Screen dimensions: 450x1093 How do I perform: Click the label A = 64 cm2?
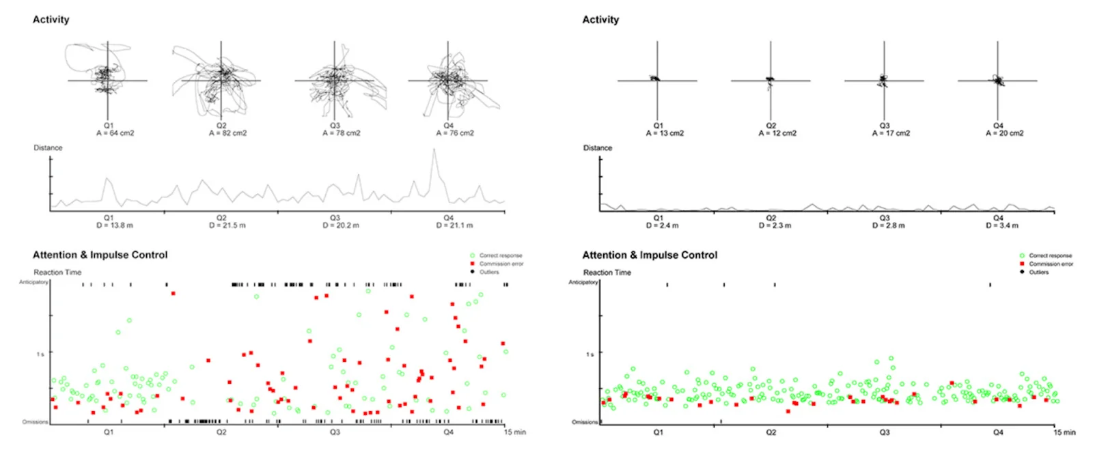tap(115, 133)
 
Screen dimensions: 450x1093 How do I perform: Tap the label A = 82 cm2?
tap(227, 133)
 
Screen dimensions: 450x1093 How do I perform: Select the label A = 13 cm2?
tap(665, 133)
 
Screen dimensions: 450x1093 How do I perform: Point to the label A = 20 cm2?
tap(1004, 133)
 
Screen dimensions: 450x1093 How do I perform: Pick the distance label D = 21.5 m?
tap(227, 225)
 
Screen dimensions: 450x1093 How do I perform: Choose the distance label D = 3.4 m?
tap(1001, 225)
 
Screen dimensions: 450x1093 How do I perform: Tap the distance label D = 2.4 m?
tap(662, 225)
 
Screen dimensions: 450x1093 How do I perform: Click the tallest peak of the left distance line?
tap(434, 150)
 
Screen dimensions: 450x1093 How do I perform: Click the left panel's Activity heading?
tap(51, 20)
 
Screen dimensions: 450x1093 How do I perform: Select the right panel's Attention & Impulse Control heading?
tap(650, 255)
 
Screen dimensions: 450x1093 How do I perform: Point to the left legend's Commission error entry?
tap(501, 264)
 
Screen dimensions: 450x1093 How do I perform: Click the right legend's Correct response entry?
tap(1050, 255)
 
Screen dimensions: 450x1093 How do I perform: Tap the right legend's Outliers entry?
tap(1038, 272)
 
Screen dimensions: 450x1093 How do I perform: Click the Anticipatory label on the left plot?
tap(33, 282)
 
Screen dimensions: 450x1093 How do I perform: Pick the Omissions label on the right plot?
tap(585, 422)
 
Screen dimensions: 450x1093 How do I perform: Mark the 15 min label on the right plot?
tap(1064, 432)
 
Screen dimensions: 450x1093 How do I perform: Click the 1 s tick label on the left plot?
tap(40, 354)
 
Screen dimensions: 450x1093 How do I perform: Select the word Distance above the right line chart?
tap(597, 147)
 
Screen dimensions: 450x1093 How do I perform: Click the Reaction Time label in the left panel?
tap(57, 272)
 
